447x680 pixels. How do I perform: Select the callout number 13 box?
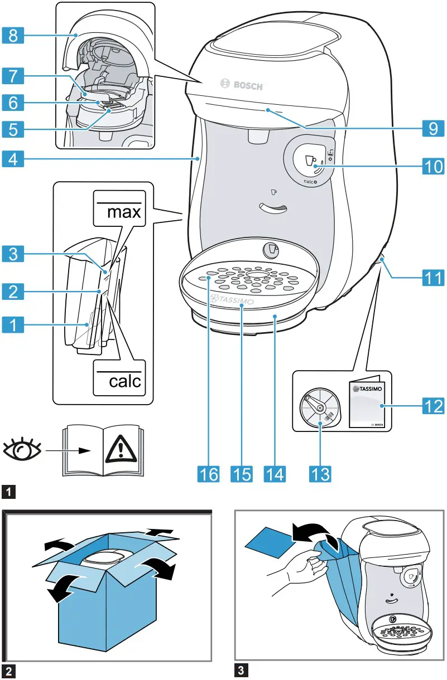point(320,473)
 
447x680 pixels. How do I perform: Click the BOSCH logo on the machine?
point(240,85)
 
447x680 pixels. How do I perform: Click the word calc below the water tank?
point(118,382)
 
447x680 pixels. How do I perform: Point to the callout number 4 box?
point(12,159)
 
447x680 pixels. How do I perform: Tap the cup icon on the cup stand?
point(270,249)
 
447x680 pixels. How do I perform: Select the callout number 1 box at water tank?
point(12,323)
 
